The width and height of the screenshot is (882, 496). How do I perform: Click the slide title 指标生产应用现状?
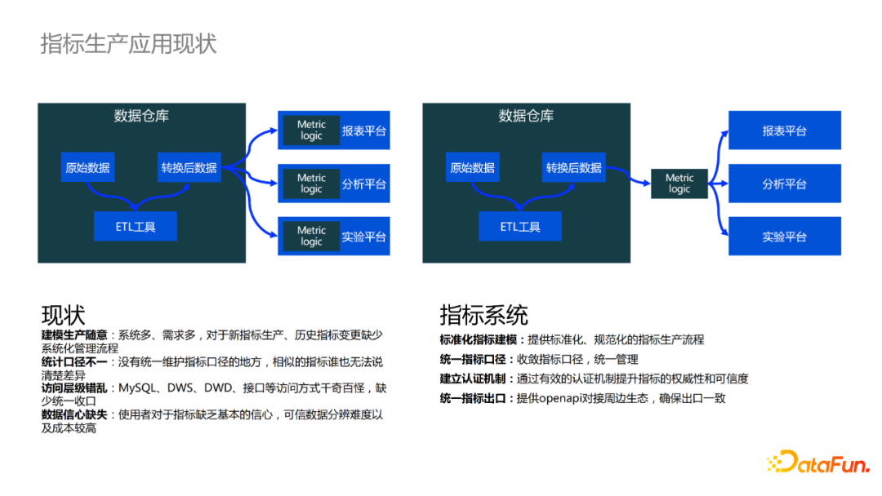click(128, 44)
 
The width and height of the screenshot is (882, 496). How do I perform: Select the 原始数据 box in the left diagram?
click(87, 167)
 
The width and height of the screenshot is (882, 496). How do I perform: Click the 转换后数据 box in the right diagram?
click(573, 167)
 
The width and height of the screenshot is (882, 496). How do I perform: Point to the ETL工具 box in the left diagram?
click(136, 226)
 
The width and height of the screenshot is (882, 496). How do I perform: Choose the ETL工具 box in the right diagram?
click(520, 226)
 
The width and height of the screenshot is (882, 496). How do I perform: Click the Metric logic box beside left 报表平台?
click(311, 131)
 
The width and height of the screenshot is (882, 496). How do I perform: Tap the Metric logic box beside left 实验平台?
click(311, 237)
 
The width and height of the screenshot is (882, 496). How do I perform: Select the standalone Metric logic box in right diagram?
click(679, 184)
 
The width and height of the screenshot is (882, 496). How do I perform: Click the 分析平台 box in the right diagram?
click(784, 184)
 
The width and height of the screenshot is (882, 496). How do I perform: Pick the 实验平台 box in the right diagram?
click(784, 237)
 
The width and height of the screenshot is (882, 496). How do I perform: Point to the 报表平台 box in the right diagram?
click(784, 131)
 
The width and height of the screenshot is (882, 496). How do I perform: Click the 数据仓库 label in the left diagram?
click(141, 116)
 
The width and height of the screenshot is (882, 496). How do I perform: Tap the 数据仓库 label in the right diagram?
click(526, 116)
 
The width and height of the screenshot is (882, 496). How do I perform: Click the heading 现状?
click(63, 315)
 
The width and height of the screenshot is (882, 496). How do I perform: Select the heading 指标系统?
click(483, 315)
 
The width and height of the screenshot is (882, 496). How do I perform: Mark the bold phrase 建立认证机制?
click(474, 379)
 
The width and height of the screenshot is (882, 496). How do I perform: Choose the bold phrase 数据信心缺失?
click(74, 415)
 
